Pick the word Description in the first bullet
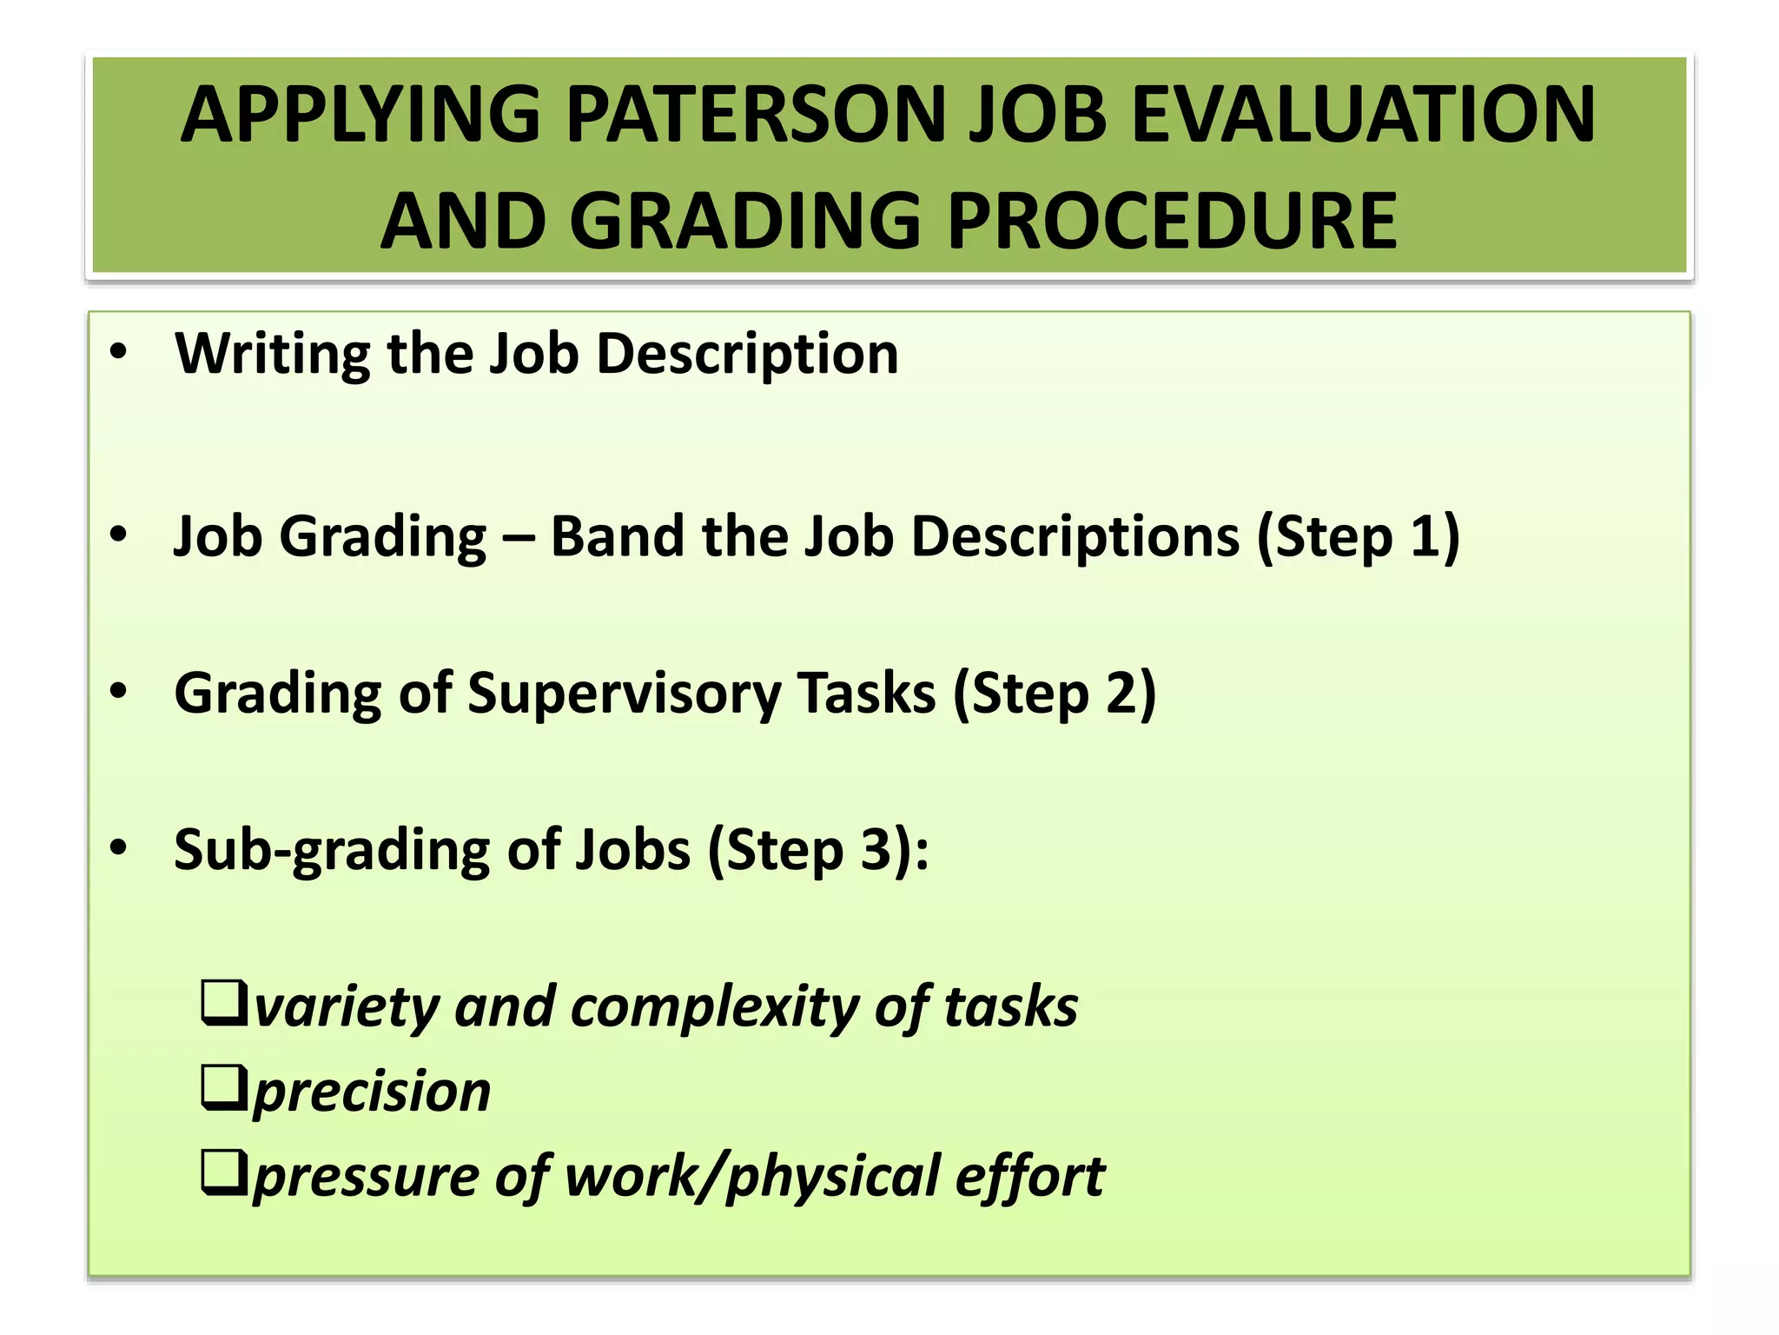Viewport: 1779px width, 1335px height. pyautogui.click(x=747, y=355)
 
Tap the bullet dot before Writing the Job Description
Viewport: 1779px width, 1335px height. pyautogui.click(x=119, y=352)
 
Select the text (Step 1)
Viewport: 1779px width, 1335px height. pyautogui.click(x=1359, y=538)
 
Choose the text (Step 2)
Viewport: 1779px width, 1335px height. pyautogui.click(x=1055, y=694)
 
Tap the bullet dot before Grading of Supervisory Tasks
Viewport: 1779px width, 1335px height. pyautogui.click(x=119, y=692)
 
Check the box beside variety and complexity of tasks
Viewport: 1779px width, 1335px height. pyautogui.click(x=224, y=1003)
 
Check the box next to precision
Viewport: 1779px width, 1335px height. pyautogui.click(x=224, y=1087)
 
